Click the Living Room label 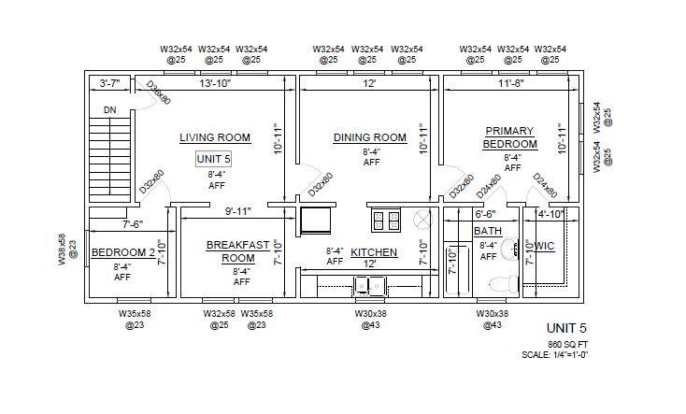[215, 137]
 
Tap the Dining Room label [370, 137]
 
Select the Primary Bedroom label [509, 137]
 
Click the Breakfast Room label [237, 251]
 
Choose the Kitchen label [374, 252]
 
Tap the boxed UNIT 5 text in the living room [213, 159]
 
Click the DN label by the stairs [109, 110]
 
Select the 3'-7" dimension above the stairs [109, 83]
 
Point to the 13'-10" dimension [215, 83]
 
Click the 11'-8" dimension [510, 83]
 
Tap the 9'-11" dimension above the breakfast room [238, 212]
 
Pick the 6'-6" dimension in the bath [485, 214]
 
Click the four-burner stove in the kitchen [386, 221]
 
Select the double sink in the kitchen [370, 286]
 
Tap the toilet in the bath [503, 285]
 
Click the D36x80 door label [158, 93]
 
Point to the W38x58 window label [67, 249]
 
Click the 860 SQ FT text [568, 345]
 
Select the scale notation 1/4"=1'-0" [568, 355]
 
